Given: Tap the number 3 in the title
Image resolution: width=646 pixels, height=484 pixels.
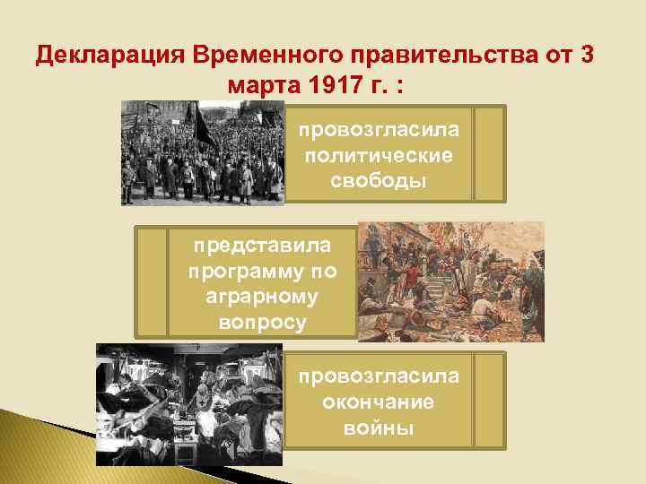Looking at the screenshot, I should tap(586, 56).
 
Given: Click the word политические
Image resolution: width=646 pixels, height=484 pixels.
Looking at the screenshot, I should tap(379, 155).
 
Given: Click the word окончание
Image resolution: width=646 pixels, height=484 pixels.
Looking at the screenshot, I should tap(379, 402).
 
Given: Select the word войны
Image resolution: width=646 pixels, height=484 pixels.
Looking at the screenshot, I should tap(379, 428).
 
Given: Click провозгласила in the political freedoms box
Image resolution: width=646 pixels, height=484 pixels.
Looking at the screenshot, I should tap(379, 130).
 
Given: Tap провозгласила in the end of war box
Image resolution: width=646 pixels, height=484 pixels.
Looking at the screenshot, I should tap(379, 376).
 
